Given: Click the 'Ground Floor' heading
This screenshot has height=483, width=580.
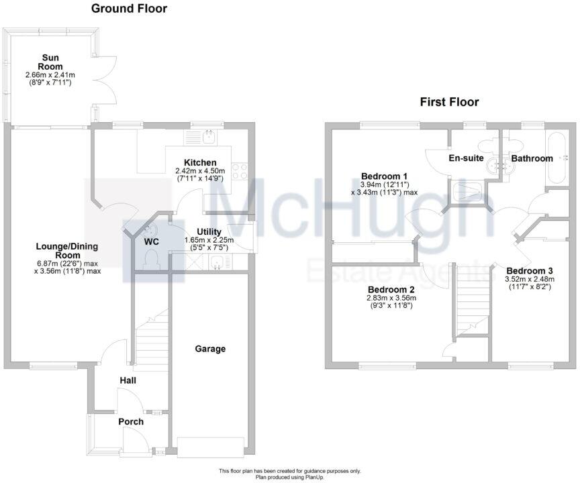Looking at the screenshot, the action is [129, 9].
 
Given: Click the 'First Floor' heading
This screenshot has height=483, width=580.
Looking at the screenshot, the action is [449, 102].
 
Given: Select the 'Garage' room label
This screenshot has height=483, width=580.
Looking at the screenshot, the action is [210, 349].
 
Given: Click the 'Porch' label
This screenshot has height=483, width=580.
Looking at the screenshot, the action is [131, 421].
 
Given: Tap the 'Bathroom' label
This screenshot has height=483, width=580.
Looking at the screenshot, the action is [532, 158].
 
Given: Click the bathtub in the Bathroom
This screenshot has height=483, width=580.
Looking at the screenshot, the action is [557, 158].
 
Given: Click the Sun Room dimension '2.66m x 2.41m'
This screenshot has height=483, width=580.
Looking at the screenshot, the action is [51, 74].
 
